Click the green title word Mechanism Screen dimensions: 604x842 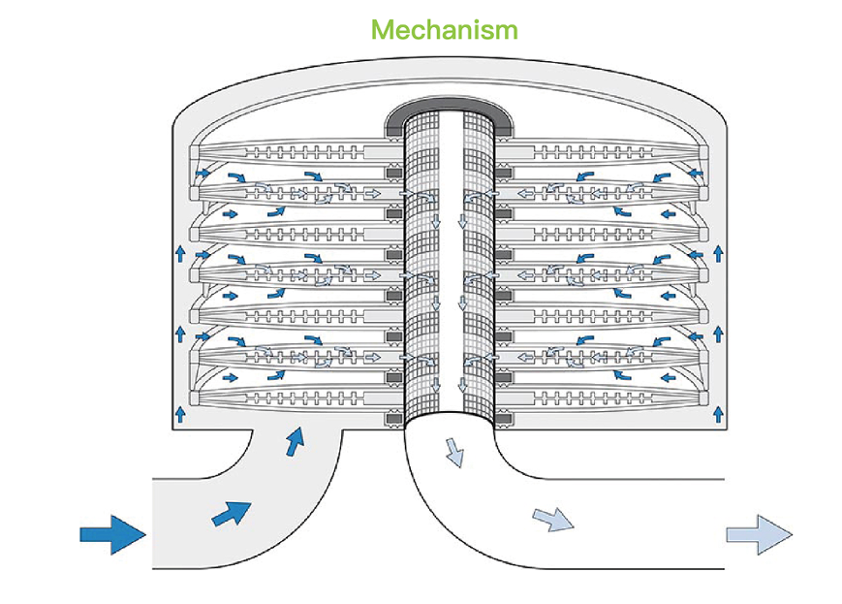(x=445, y=29)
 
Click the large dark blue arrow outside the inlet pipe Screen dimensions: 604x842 (x=111, y=533)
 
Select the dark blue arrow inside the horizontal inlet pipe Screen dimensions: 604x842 (x=232, y=512)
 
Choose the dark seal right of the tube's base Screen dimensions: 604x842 (x=504, y=420)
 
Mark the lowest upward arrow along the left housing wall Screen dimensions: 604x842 (x=180, y=414)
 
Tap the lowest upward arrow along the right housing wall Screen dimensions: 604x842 (x=717, y=414)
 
